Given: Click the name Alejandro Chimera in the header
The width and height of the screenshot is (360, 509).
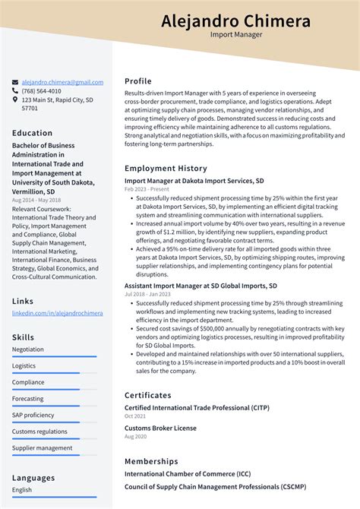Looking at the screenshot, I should tap(235, 21).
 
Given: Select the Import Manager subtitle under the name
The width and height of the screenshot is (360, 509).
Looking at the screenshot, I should tap(235, 35).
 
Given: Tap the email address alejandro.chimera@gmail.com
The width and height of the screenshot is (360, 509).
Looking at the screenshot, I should tap(62, 82).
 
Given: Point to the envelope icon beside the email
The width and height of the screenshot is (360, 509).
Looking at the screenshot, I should tap(15, 82).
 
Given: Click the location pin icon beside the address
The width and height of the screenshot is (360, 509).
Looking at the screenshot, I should tap(15, 100).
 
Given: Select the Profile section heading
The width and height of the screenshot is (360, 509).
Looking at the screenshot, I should tap(138, 81).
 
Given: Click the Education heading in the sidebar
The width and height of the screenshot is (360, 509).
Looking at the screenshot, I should tap(32, 133).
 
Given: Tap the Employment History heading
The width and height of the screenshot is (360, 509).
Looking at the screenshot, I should tap(166, 168).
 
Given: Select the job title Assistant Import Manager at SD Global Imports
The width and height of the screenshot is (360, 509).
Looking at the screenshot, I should tap(201, 286).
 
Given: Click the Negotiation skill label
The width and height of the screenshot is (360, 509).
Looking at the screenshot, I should tap(28, 349).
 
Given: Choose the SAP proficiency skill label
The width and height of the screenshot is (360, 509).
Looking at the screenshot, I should tap(33, 415).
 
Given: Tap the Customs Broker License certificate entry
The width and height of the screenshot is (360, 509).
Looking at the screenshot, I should tap(160, 428).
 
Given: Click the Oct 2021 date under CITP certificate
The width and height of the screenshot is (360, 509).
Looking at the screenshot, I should tap(135, 416).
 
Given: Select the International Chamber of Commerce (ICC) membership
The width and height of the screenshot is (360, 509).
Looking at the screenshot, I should tap(187, 474).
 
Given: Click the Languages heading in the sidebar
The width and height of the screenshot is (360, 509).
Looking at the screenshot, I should tap(33, 478).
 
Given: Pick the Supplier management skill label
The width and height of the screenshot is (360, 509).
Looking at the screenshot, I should tap(42, 448).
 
